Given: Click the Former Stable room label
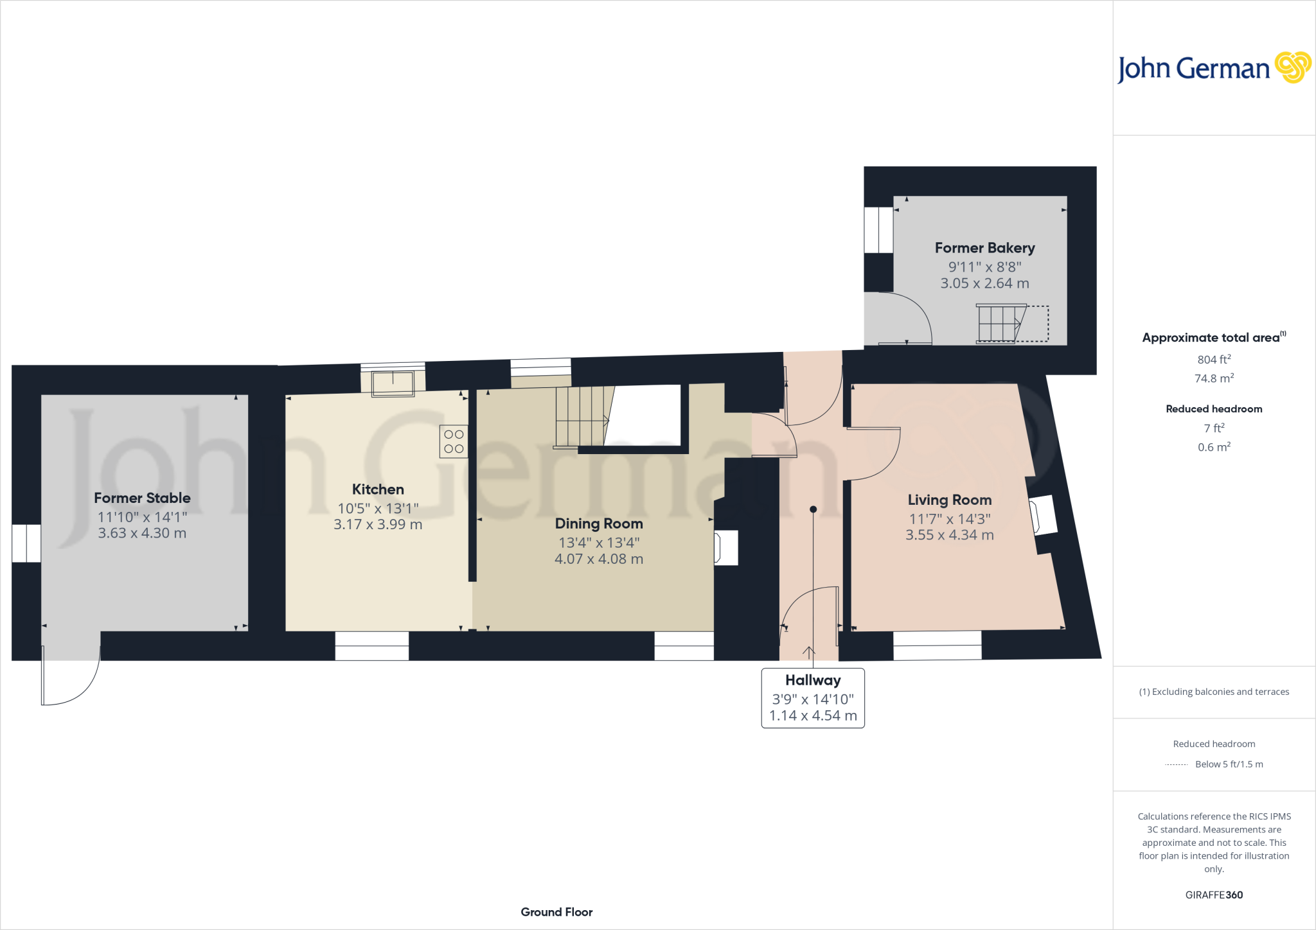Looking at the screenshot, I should click(142, 498).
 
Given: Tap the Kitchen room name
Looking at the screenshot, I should click(378, 489).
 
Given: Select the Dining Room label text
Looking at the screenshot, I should click(599, 523).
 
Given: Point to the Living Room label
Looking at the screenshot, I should click(949, 500).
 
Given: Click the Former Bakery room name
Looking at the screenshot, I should click(984, 248).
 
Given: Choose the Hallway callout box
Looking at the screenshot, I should click(813, 697).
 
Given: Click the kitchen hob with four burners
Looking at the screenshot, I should click(454, 441).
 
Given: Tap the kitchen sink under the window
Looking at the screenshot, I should click(393, 383).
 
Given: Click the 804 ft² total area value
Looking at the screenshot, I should click(1214, 360).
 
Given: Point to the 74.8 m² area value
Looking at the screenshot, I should click(1214, 378).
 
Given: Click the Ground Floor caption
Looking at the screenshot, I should click(556, 912).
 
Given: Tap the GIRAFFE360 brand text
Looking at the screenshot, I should click(1214, 895).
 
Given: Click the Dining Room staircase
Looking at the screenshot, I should click(582, 416).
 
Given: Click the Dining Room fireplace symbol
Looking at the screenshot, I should click(726, 548).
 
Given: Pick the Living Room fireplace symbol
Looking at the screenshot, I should click(1043, 515).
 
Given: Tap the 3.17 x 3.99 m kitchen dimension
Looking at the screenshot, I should click(378, 524).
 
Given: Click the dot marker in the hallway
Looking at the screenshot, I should click(813, 509).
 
